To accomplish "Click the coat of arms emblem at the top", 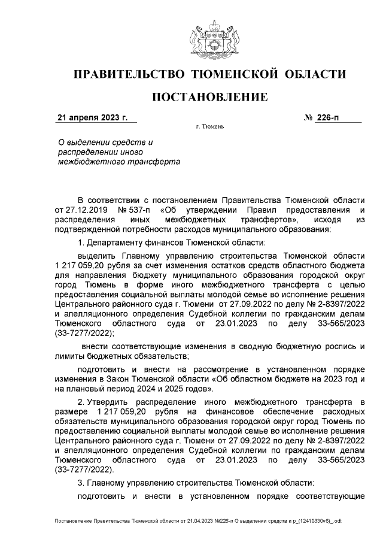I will (x=209, y=37).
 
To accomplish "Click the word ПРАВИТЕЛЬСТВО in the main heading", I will (x=127, y=74).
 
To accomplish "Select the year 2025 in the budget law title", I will (x=200, y=389).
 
